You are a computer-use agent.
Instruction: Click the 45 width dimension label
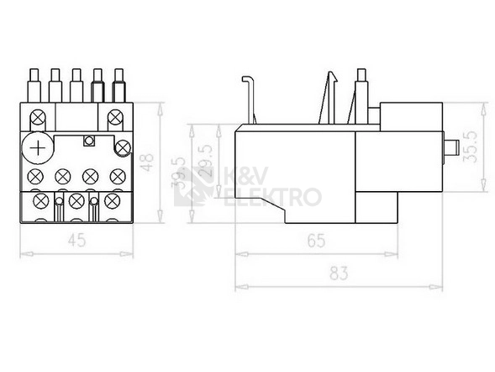76,240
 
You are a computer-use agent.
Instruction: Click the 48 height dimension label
147,162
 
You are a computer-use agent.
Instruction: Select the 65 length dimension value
316,242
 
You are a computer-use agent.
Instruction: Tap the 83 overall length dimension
339,274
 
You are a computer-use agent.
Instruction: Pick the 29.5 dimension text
206,161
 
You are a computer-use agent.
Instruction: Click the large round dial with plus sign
38,148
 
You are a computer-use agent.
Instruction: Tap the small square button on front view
89,141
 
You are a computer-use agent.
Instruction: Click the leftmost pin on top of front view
34,86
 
